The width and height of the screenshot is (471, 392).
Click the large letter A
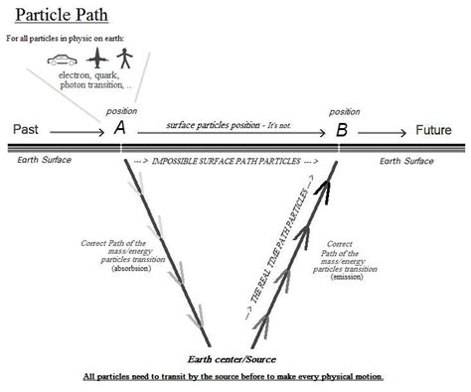(x=119, y=129)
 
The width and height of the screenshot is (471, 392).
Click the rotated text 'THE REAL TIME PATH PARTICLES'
(x=275, y=248)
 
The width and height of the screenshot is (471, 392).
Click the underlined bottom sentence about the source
(x=235, y=377)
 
